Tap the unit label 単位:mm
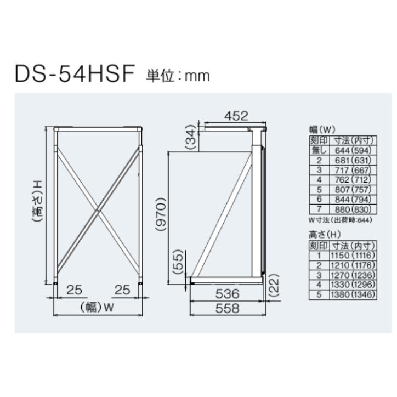coord(178,76)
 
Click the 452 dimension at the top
coord(236,116)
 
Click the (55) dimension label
coord(178,262)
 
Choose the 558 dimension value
coord(227,309)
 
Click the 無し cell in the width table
coord(318,150)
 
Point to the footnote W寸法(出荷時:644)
coord(340,220)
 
